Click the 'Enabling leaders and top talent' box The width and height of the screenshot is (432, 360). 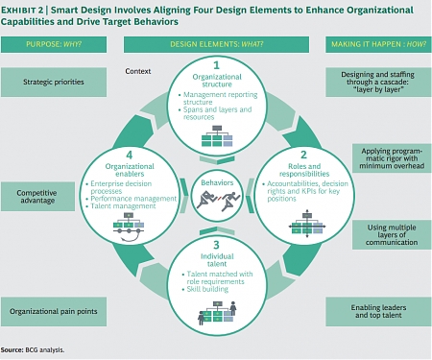click(x=376, y=310)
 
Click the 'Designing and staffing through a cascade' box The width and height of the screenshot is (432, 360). click(x=376, y=82)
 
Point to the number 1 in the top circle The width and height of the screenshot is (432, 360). click(x=216, y=66)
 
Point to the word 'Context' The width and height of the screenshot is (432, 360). click(x=138, y=71)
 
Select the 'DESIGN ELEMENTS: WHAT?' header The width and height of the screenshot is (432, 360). click(x=215, y=44)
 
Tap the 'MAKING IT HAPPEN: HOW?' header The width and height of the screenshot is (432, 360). click(x=377, y=44)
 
